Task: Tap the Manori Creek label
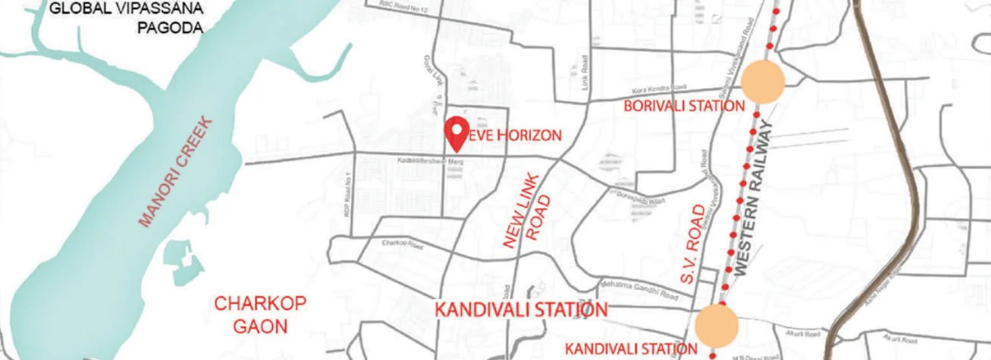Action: pyautogui.click(x=176, y=172)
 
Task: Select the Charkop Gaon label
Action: pyautogui.click(x=260, y=314)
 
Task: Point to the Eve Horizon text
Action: pyautogui.click(x=514, y=136)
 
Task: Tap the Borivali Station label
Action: pyautogui.click(x=684, y=106)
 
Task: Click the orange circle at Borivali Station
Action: pyautogui.click(x=763, y=82)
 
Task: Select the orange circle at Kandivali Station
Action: pyautogui.click(x=717, y=326)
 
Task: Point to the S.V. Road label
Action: pyautogui.click(x=692, y=244)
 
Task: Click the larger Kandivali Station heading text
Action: pyautogui.click(x=521, y=310)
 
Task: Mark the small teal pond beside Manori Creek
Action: pyautogui.click(x=183, y=262)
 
